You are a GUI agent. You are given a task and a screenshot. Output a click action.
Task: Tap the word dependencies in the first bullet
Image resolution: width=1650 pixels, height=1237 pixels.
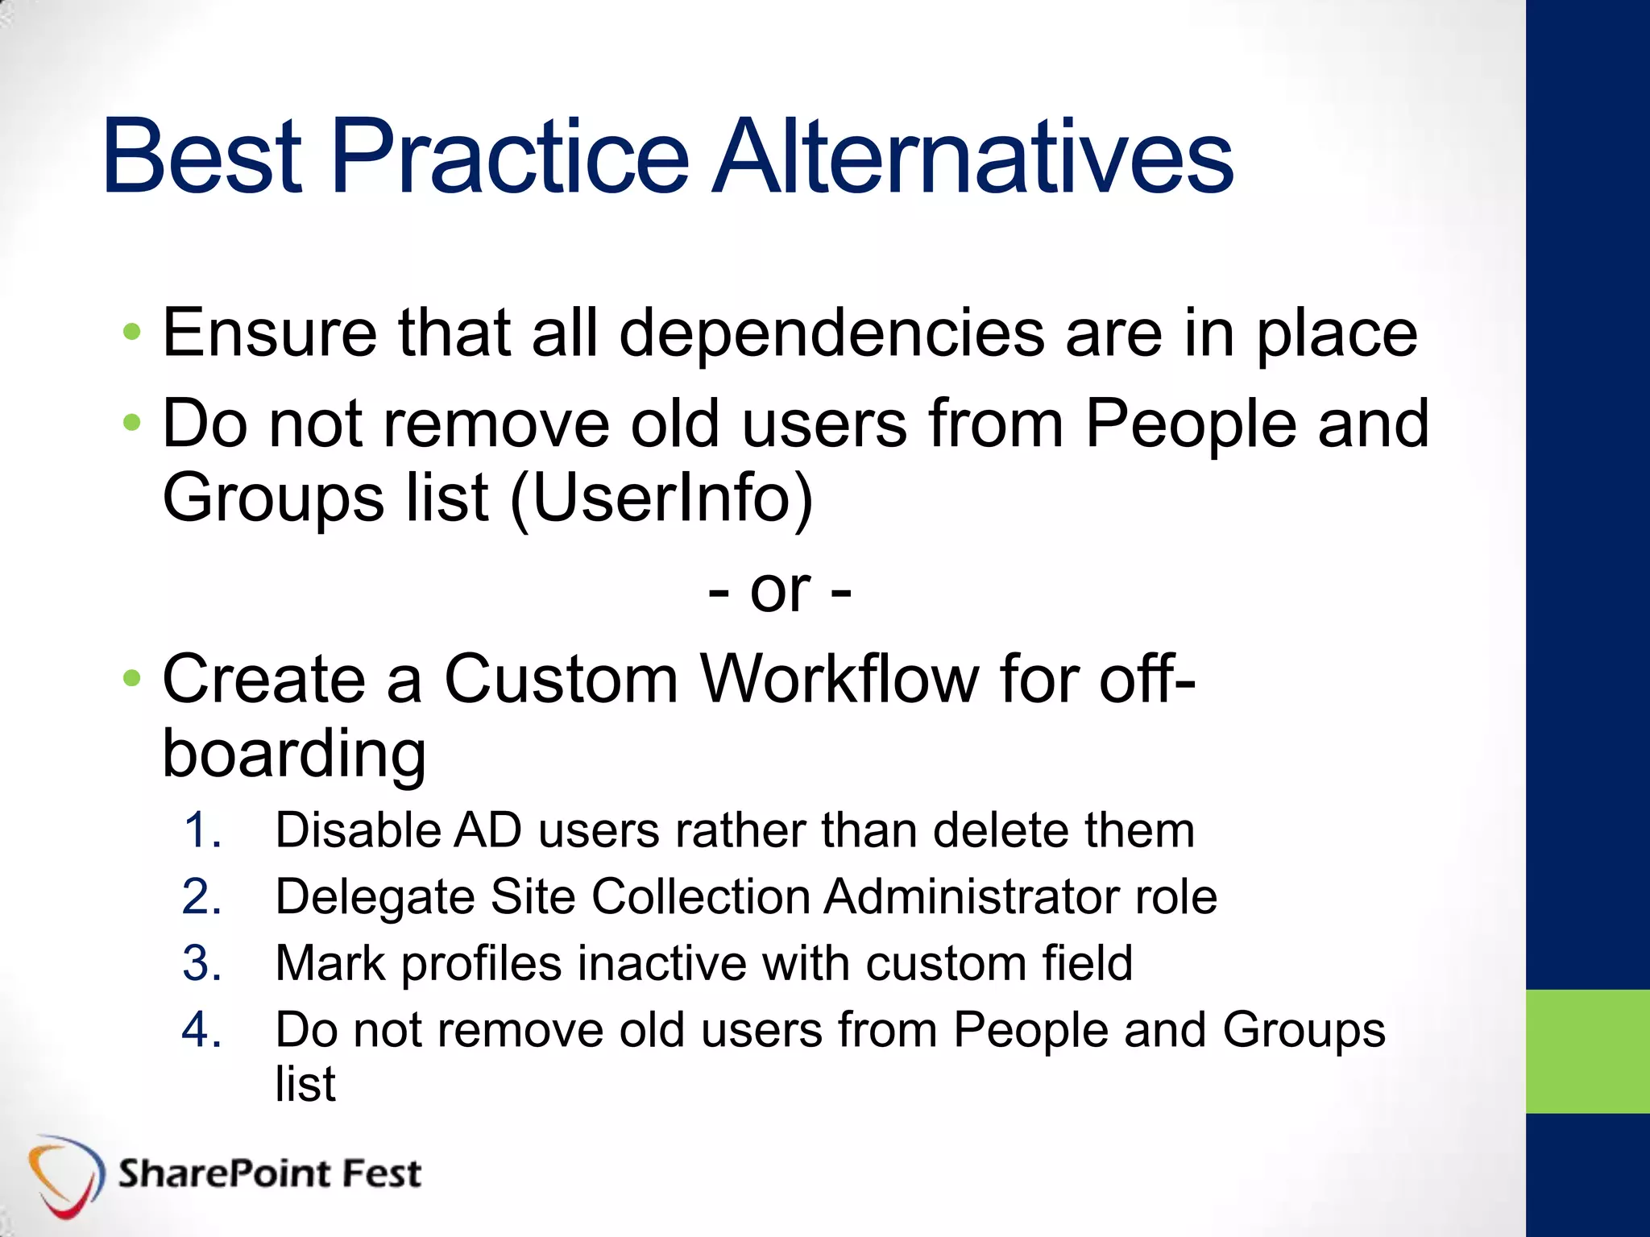coord(831,334)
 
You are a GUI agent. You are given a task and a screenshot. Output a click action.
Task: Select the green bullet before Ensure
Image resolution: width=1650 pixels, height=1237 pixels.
coord(132,332)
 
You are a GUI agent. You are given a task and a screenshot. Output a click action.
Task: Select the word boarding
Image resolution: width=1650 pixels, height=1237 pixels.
coord(294,755)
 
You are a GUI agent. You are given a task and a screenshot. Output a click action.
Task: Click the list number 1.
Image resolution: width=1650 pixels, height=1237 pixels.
coord(201,831)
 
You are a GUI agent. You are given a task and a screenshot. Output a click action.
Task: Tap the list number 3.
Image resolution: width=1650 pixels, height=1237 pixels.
coord(201,964)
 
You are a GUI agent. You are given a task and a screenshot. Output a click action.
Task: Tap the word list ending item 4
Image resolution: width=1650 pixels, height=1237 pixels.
coord(305,1084)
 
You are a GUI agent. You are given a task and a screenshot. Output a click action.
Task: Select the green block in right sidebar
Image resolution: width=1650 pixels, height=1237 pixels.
coord(1587,1051)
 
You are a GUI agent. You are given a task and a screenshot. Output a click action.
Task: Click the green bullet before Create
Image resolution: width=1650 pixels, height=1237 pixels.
coord(132,680)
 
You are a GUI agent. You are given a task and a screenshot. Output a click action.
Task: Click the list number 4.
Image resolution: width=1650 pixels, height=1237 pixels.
coord(201,1031)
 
